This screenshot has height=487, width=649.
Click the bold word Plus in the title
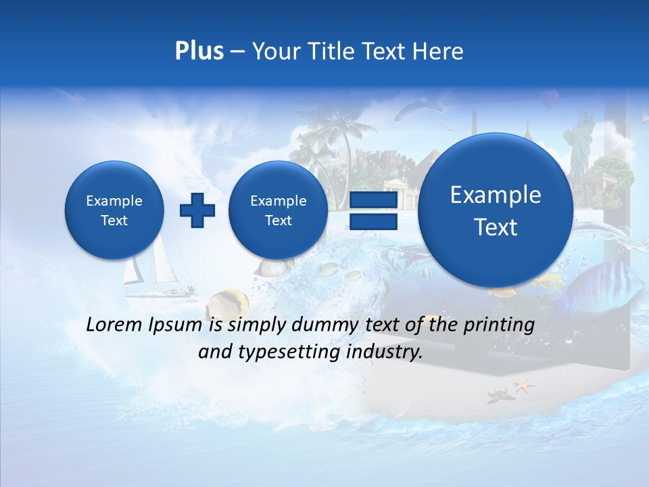point(199,51)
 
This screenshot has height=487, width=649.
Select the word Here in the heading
point(439,51)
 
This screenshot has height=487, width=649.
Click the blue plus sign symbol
point(197,210)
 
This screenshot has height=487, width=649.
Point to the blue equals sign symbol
point(372,210)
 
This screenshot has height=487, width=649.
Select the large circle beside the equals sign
point(496,210)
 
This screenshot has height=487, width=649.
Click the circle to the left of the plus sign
point(114,210)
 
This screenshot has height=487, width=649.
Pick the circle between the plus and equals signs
point(278,210)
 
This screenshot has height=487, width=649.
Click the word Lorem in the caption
point(114,325)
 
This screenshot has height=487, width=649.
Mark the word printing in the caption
point(501,325)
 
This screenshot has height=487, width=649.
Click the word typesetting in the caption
point(287,352)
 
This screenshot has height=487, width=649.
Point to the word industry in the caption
point(385,352)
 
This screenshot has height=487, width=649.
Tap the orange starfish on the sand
point(523,386)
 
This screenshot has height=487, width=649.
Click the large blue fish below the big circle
point(602,287)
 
